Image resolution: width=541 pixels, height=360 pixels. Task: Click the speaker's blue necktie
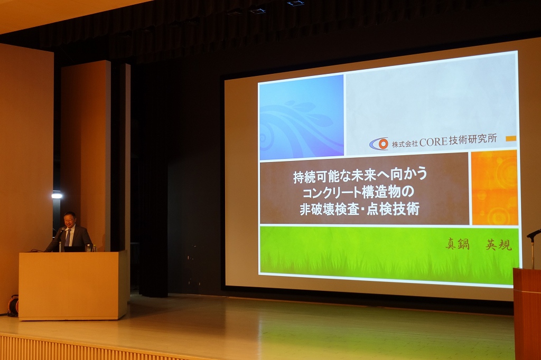click(68, 237)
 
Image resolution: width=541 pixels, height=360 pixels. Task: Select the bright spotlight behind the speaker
click(57, 196)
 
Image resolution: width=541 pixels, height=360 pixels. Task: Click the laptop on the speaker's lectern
click(74, 249)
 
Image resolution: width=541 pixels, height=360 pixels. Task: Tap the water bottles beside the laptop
click(91, 248)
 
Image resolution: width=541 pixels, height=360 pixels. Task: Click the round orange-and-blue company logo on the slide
click(379, 144)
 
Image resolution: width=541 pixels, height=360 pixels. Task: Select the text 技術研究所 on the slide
click(473, 140)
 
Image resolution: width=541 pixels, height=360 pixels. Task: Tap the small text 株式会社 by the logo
click(404, 144)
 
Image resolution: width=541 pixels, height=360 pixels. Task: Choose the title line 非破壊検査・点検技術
click(359, 209)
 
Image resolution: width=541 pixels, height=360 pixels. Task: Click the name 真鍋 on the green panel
click(457, 244)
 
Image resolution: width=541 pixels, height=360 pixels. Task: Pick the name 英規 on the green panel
click(499, 244)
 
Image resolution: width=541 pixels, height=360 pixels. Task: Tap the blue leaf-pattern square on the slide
click(302, 117)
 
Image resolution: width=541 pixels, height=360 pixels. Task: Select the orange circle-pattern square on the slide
click(494, 187)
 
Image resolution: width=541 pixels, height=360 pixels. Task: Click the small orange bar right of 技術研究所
click(511, 139)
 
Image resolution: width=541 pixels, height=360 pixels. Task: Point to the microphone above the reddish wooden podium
click(533, 234)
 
